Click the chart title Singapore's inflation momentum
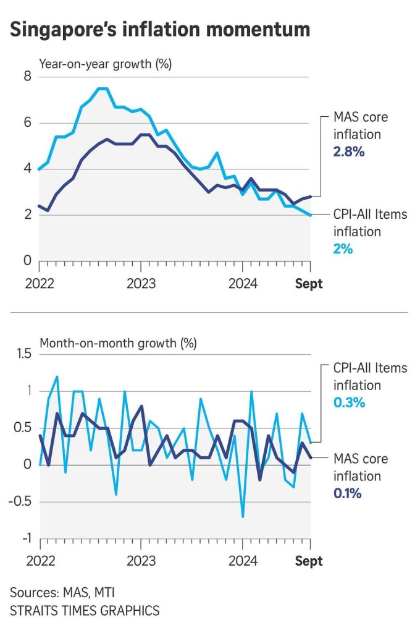click(160, 30)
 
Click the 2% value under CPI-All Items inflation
click(343, 249)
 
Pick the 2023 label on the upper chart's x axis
click(141, 284)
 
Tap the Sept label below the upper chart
click(309, 284)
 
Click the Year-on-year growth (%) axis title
click(106, 63)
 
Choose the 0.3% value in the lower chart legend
click(350, 402)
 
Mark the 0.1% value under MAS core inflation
click(347, 493)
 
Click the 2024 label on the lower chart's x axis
click(243, 561)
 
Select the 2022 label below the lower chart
click(40, 561)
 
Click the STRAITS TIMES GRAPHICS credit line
click(85, 611)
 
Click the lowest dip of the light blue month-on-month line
click(242, 516)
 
